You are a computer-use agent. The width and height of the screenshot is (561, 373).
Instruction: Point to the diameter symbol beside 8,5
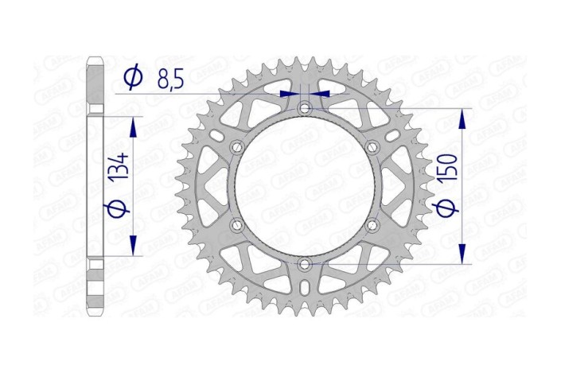click(x=134, y=76)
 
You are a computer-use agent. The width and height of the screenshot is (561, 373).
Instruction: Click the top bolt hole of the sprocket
click(x=304, y=107)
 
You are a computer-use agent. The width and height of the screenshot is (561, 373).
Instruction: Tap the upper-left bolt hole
click(x=236, y=147)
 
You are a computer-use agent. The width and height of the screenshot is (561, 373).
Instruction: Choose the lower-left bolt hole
click(x=236, y=226)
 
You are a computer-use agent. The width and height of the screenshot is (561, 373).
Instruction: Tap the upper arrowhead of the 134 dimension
click(x=133, y=127)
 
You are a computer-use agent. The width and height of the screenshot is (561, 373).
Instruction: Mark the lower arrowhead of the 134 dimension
click(x=133, y=245)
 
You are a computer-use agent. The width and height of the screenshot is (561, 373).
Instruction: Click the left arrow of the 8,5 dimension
click(x=289, y=94)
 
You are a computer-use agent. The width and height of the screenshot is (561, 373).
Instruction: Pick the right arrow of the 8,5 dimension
click(x=320, y=94)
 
